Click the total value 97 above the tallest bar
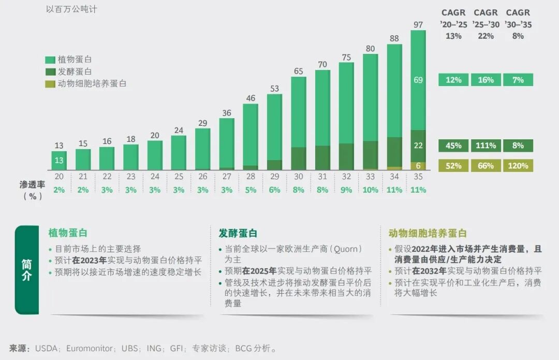point(418,25)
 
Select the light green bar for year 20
point(59,160)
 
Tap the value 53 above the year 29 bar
point(274,89)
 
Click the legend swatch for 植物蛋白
point(50,60)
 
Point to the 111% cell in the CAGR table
point(486,146)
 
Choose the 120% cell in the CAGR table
point(518,166)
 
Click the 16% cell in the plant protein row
point(486,80)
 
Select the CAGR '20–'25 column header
point(453,24)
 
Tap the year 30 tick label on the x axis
point(298,177)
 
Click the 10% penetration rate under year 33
point(370,190)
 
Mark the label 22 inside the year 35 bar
point(418,146)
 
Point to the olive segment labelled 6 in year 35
point(418,166)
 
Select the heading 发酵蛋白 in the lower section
point(238,234)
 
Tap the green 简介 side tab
point(27,270)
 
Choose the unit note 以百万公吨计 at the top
point(71,9)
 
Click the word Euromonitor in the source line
point(90,349)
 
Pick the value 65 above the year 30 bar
point(298,71)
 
